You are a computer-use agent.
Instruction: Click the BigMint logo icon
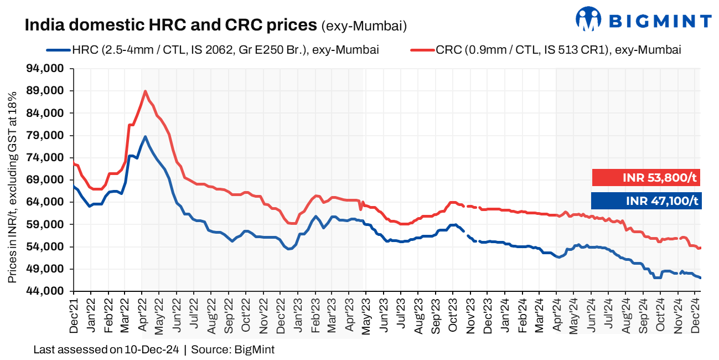[588, 19]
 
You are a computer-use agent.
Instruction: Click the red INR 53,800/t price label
[646, 178]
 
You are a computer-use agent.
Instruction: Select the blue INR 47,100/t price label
[646, 200]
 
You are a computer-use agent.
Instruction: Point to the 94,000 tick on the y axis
[48, 69]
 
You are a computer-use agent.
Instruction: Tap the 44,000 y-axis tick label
[48, 291]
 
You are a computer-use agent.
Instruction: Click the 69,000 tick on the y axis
[48, 180]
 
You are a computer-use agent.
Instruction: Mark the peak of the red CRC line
[145, 91]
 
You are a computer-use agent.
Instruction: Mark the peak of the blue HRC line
[145, 136]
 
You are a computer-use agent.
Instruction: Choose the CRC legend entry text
[558, 50]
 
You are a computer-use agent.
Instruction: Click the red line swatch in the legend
[422, 50]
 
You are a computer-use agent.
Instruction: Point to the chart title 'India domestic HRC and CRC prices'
[170, 25]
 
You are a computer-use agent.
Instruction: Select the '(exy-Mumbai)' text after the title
[364, 25]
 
